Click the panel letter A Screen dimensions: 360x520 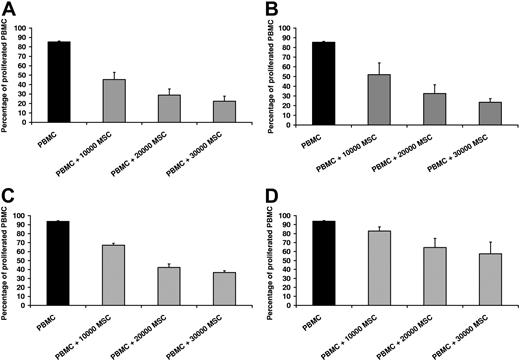pyautogui.click(x=8, y=9)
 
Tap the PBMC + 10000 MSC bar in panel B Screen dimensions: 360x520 pyautogui.click(x=378, y=100)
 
